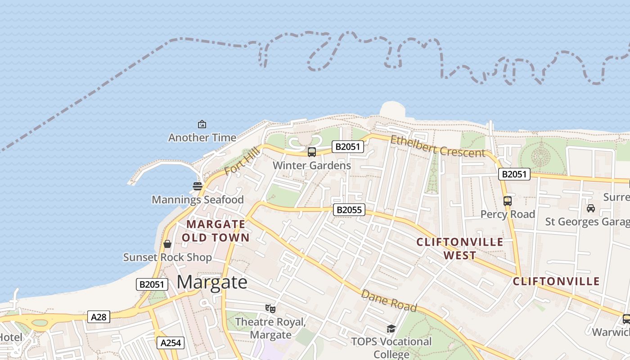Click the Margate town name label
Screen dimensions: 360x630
pos(212,282)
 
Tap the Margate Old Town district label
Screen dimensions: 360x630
pos(216,230)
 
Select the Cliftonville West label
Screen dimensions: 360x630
pos(460,248)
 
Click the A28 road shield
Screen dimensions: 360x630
pos(99,317)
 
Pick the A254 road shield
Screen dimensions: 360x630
pos(171,343)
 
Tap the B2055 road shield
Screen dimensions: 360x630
pos(349,209)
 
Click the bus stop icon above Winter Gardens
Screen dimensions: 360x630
pos(312,152)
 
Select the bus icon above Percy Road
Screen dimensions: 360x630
pos(508,201)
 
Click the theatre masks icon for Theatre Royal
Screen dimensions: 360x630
pos(270,308)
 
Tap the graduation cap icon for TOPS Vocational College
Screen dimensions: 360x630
pos(391,329)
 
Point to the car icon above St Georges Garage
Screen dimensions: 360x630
pos(590,208)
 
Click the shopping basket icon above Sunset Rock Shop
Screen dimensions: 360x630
pos(167,244)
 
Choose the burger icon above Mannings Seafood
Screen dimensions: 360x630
pos(197,186)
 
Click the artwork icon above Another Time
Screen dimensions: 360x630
pos(202,124)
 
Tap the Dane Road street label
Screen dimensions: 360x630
pos(389,301)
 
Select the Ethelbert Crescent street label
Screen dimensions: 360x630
pos(437,146)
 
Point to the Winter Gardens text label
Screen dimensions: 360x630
pos(312,166)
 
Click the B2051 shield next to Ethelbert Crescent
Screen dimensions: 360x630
pos(347,146)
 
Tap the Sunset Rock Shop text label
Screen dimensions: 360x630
pos(167,257)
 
